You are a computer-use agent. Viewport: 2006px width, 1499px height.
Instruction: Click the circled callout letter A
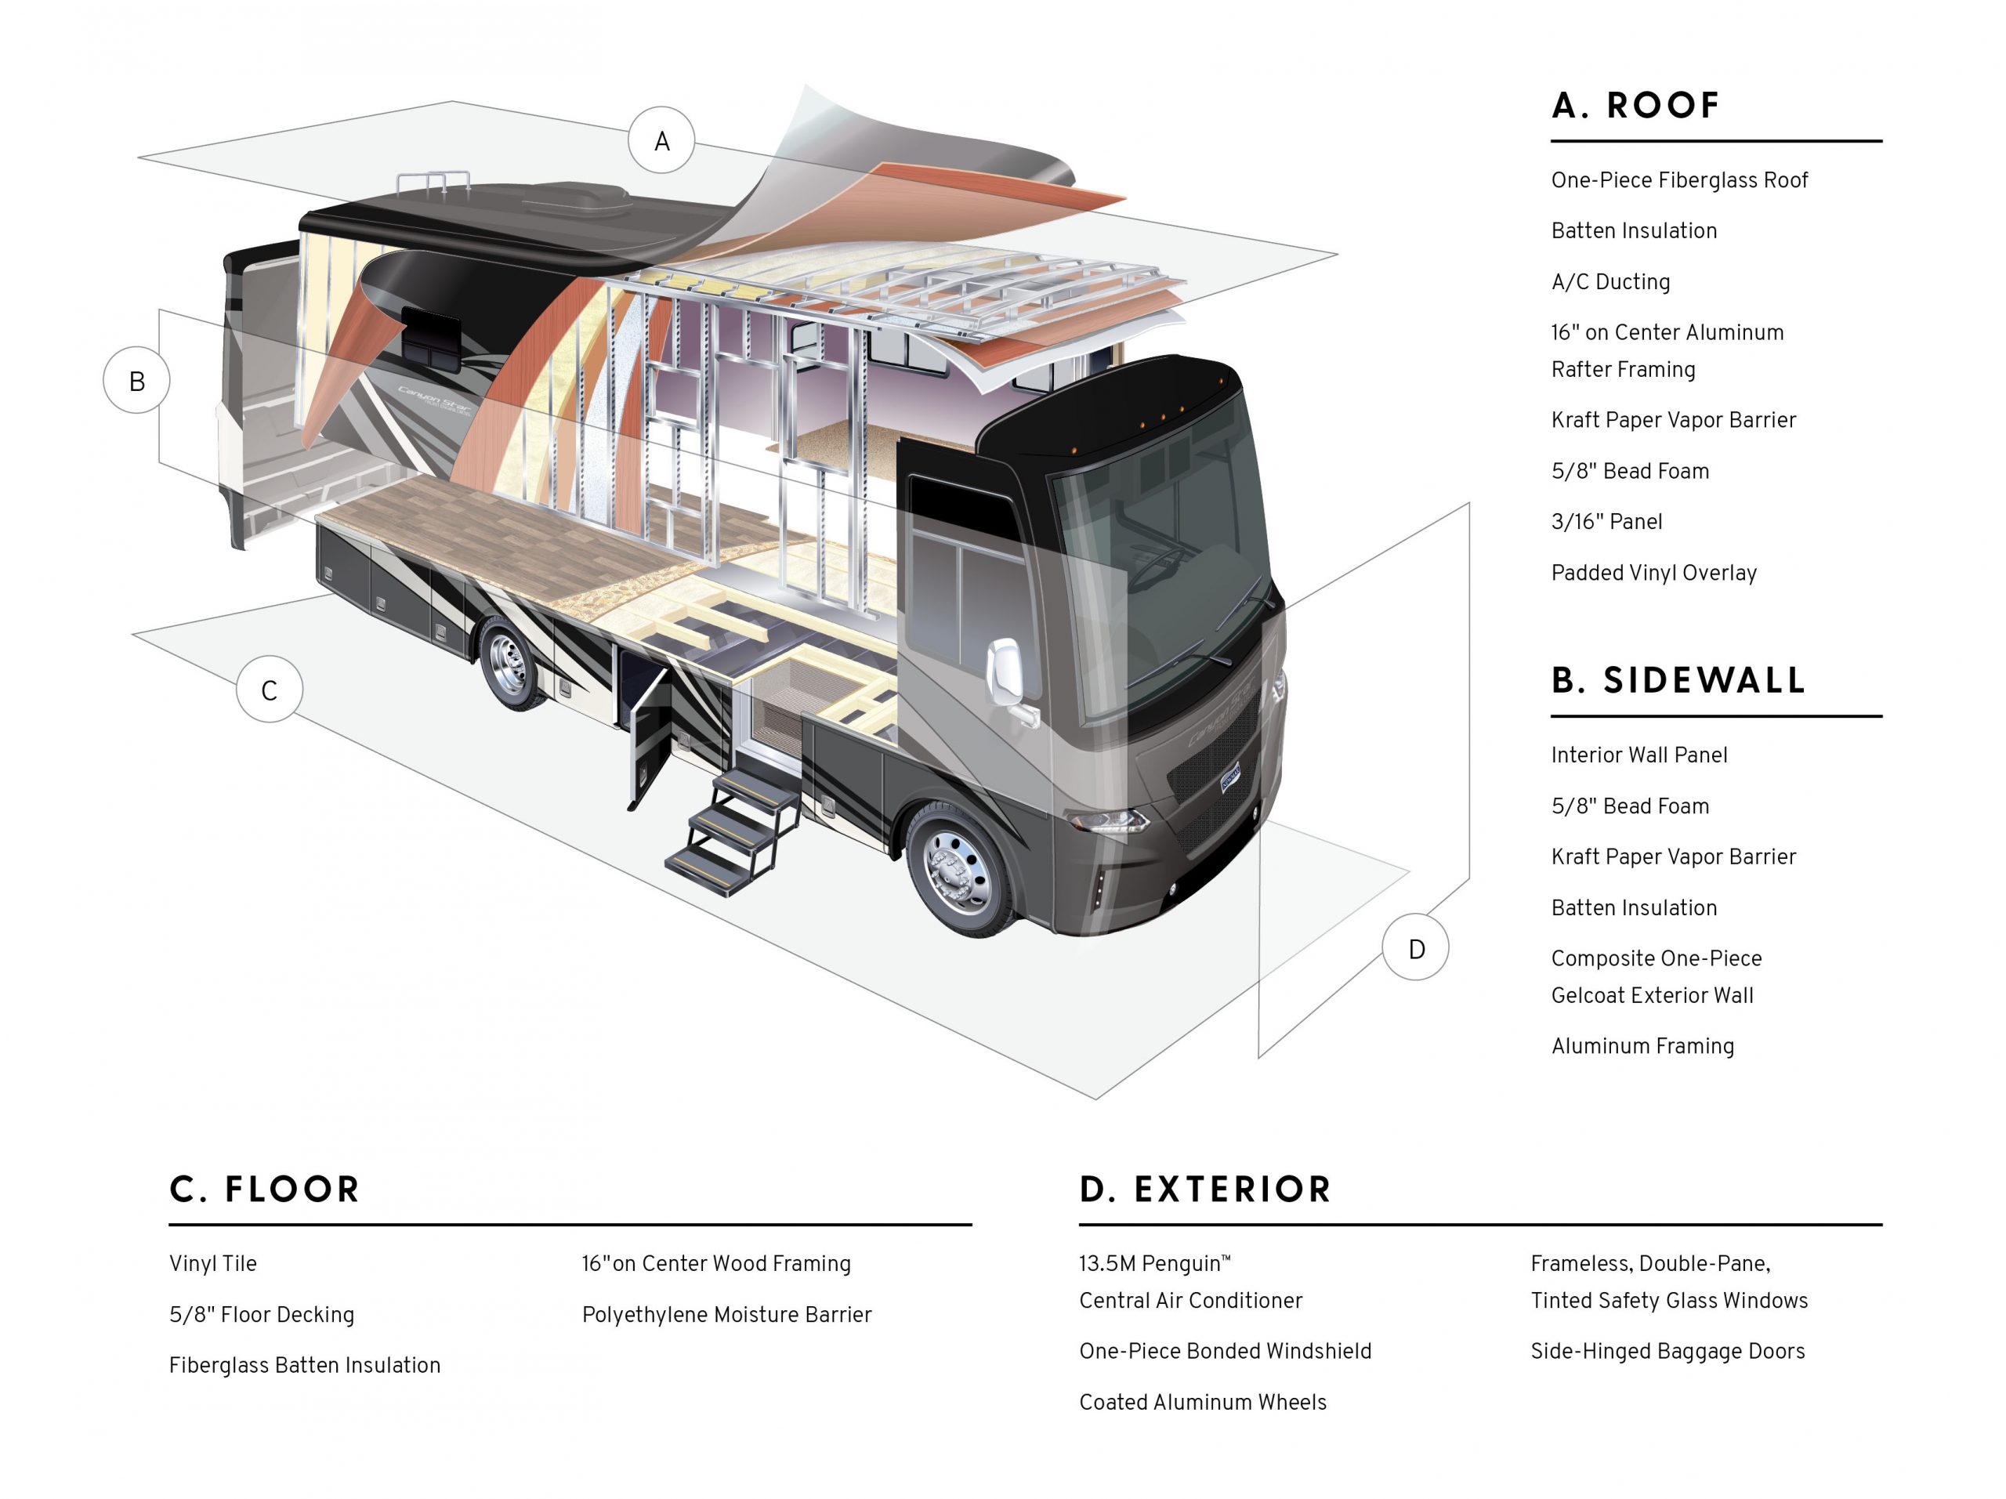click(661, 140)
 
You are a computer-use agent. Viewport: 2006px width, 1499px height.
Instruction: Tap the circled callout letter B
click(137, 381)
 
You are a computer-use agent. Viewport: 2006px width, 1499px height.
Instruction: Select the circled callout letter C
click(270, 690)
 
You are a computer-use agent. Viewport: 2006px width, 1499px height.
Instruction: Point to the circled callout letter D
click(1416, 949)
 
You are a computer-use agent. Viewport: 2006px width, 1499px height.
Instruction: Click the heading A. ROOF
click(1635, 106)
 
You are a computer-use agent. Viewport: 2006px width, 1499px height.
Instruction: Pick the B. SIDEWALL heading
click(1678, 680)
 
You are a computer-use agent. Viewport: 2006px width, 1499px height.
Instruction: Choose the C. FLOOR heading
click(265, 1189)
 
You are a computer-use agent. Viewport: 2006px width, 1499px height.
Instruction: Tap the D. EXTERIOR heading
click(1205, 1189)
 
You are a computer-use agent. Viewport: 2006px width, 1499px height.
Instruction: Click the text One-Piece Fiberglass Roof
click(1678, 180)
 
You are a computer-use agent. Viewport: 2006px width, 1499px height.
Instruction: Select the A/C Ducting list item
click(1610, 282)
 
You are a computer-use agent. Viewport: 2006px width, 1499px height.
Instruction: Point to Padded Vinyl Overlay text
click(1653, 573)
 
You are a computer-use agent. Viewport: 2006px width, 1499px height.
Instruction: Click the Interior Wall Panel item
click(1638, 755)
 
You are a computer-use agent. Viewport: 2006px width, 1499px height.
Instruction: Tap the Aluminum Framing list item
click(1642, 1047)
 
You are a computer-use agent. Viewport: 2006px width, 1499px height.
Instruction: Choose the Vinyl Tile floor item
click(213, 1264)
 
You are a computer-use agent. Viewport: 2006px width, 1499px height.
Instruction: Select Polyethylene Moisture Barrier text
click(726, 1315)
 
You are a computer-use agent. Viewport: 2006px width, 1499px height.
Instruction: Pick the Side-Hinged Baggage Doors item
click(1667, 1351)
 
